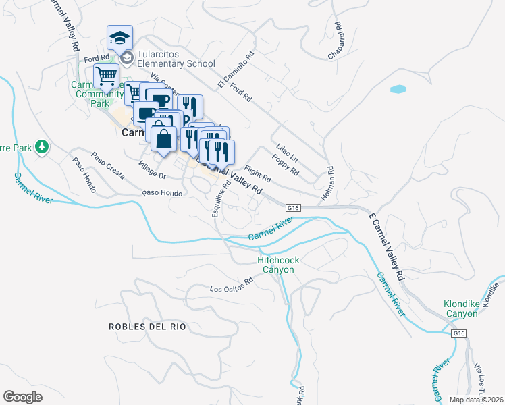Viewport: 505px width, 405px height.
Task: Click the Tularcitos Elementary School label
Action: (176, 59)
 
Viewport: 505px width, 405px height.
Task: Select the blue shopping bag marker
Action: (163, 140)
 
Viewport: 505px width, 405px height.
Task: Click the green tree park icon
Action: (42, 146)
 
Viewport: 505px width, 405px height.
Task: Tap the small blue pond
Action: (398, 88)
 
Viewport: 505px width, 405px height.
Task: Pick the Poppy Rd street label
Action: (286, 164)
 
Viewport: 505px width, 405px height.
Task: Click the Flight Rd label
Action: (258, 175)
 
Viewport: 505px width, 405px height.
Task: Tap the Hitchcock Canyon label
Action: (276, 265)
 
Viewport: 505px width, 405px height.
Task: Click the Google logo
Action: (22, 396)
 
